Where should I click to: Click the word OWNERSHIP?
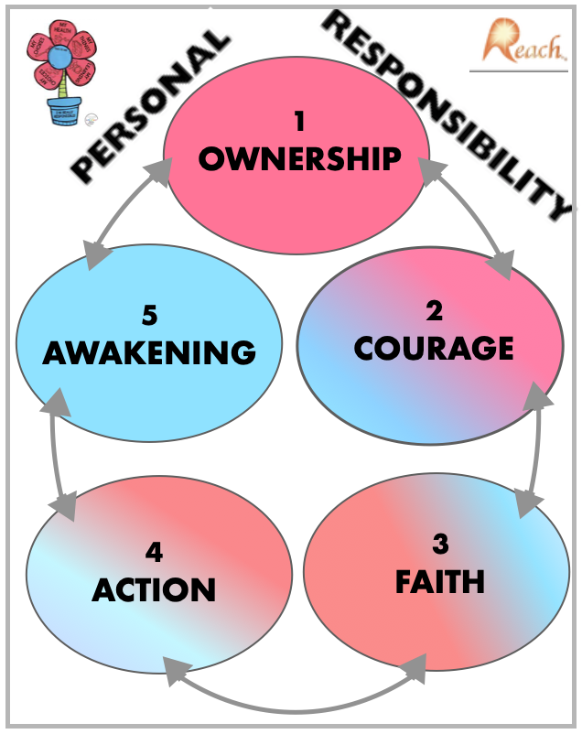coord(299,158)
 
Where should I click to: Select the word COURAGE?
coord(434,348)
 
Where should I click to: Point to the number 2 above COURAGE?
coord(434,310)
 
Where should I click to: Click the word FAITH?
coord(439,580)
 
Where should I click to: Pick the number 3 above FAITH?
coord(440,543)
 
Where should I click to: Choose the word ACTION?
coord(154,588)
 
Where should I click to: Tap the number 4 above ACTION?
coord(154,552)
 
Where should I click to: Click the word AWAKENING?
coord(149,352)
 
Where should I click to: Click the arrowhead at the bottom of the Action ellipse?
coord(171,665)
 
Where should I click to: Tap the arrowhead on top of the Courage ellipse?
coord(501,266)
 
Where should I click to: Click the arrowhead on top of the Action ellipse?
coord(66,505)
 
